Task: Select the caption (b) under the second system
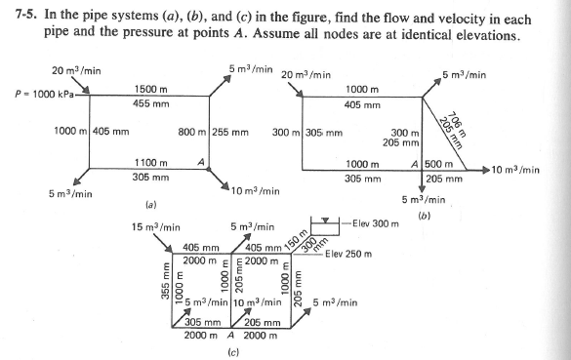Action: (425, 215)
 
